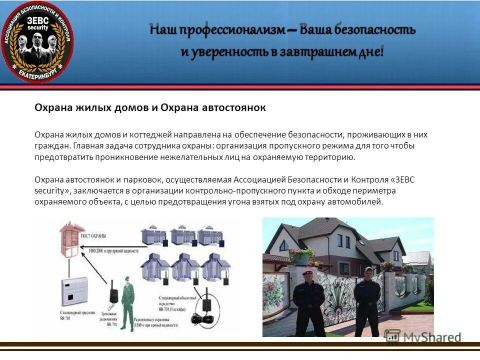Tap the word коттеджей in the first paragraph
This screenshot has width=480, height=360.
150,135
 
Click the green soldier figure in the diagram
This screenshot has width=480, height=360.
127,302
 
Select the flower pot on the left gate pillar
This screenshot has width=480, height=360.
301,255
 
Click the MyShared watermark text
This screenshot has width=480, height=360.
430,336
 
